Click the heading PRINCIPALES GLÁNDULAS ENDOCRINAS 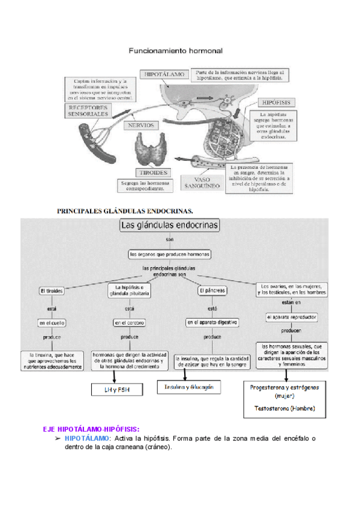[125, 211]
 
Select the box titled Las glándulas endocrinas [170, 226]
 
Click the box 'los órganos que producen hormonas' [170, 254]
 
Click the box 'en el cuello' [52, 323]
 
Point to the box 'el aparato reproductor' [292, 316]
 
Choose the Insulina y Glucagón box [189, 387]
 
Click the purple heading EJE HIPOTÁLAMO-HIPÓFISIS [91, 429]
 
